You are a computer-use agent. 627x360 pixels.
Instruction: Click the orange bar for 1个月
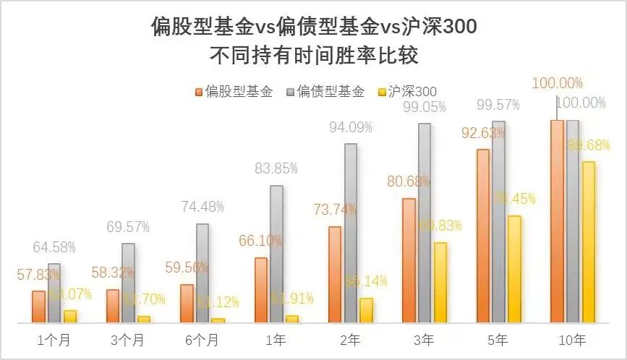(38, 307)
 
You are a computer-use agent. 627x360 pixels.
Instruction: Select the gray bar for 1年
(276, 254)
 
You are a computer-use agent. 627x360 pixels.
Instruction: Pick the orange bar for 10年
(557, 221)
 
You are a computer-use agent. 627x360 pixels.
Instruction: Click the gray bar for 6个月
(202, 273)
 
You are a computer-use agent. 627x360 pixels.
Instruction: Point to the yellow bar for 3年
(439, 282)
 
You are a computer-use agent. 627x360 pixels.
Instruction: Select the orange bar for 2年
(335, 274)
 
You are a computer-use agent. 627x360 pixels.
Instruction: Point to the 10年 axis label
(573, 339)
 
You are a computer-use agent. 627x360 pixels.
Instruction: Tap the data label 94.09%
(351, 128)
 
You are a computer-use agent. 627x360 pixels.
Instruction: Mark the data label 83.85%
(277, 169)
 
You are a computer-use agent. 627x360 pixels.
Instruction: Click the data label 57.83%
(38, 275)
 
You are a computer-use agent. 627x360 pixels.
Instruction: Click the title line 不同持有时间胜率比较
(314, 55)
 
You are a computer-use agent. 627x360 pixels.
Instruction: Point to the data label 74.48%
(202, 208)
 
